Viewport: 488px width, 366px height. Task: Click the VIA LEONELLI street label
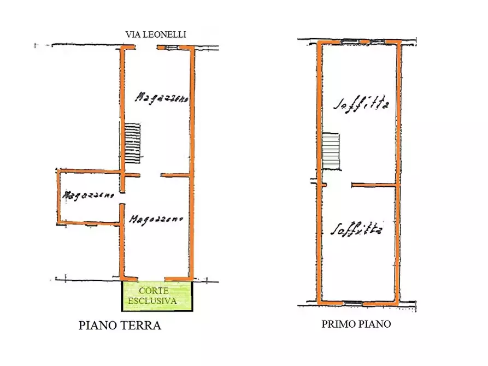click(156, 34)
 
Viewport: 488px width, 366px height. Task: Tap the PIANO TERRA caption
click(120, 326)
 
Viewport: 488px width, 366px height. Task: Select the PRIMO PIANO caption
click(356, 324)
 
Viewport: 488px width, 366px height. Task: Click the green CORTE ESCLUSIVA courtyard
click(157, 296)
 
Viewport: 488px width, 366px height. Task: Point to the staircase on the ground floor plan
click(132, 143)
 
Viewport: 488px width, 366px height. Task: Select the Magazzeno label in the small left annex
click(88, 194)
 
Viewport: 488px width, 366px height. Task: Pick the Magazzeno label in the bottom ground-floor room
click(156, 219)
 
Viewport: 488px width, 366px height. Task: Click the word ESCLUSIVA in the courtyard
click(152, 301)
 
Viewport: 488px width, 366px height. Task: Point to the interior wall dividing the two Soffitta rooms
click(374, 186)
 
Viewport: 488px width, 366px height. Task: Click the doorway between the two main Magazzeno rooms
click(151, 175)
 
